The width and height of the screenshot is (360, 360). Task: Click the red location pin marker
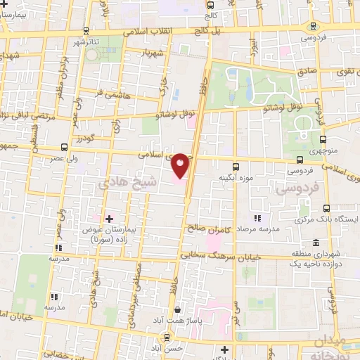[181, 165]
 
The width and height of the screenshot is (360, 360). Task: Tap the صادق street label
[307, 71]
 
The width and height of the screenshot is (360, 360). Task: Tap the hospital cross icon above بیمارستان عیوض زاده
[108, 219]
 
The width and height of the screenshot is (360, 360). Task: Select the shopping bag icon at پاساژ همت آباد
[178, 310]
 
